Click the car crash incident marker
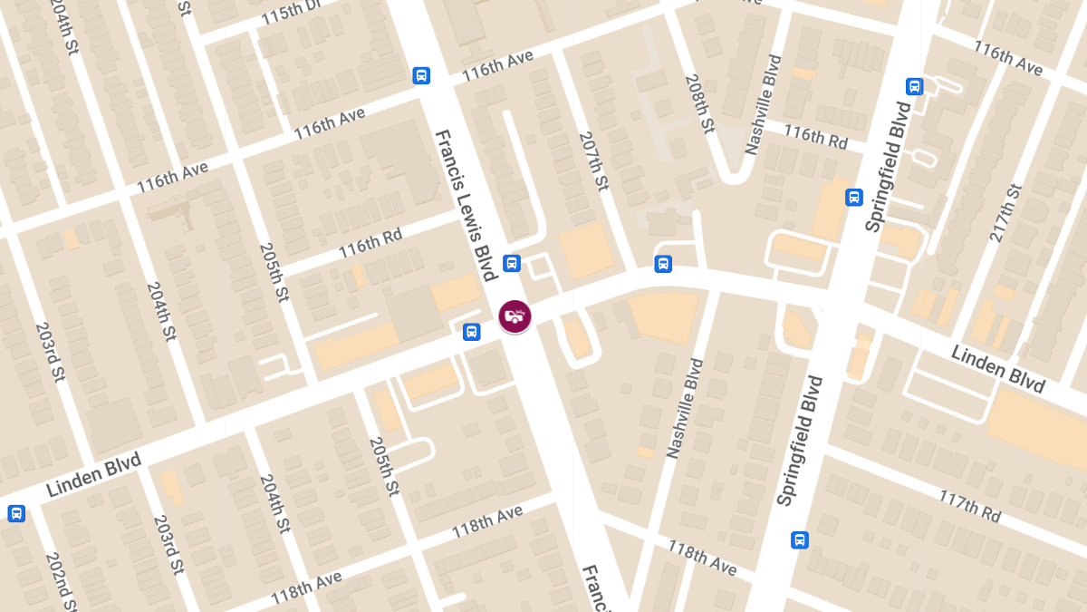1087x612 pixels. pos(515,316)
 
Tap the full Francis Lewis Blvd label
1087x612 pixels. pos(467,206)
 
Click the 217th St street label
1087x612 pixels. pos(1005,213)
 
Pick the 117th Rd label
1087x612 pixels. pos(969,506)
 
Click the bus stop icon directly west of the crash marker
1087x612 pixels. pos(471,332)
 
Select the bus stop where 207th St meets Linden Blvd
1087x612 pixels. pos(663,264)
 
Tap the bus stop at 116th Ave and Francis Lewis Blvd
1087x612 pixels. pos(421,75)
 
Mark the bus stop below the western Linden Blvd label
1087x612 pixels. pos(15,513)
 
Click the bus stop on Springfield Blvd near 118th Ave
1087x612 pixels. pos(799,539)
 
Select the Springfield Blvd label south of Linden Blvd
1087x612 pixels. pos(798,441)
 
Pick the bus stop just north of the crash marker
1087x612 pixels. pos(511,263)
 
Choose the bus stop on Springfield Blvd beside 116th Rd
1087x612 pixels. pos(853,197)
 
